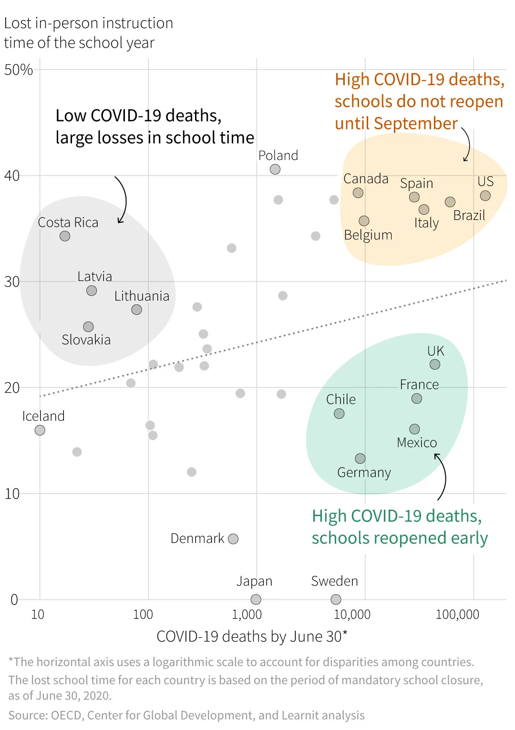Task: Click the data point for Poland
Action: click(275, 169)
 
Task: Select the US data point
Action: click(485, 196)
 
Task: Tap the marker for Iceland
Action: click(40, 430)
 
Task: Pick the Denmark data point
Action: click(233, 539)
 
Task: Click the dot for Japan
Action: click(256, 599)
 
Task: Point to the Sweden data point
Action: click(336, 599)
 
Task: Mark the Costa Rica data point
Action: click(65, 236)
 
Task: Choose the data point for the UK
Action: click(435, 365)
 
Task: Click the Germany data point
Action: click(360, 459)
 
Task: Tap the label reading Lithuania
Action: click(142, 296)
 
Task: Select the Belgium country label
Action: click(368, 235)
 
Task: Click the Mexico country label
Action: click(417, 443)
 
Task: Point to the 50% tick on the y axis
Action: click(19, 70)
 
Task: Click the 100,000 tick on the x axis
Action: click(457, 615)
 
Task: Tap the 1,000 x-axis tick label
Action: click(247, 615)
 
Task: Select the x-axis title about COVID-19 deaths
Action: click(252, 636)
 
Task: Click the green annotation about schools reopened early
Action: click(399, 527)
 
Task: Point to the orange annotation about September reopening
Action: click(419, 101)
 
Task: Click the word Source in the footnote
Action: click(24, 716)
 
